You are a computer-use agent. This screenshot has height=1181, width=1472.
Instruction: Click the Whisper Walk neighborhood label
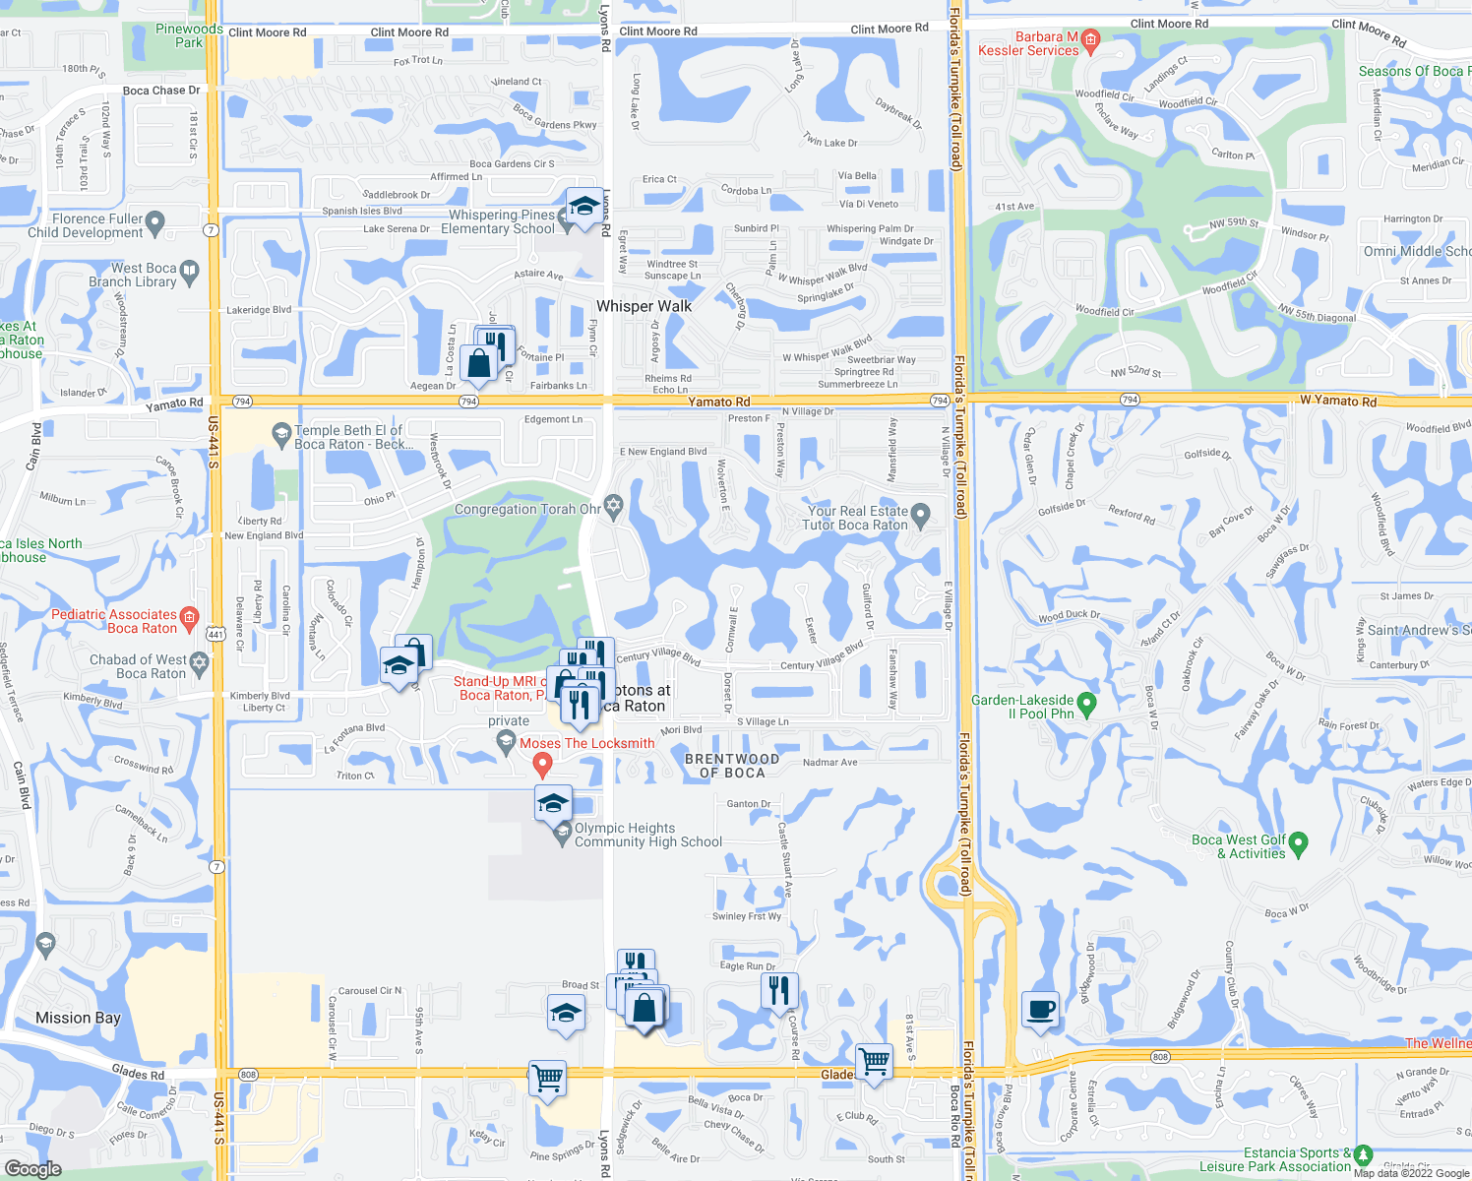[644, 306]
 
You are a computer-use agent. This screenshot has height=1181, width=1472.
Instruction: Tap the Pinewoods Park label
[189, 35]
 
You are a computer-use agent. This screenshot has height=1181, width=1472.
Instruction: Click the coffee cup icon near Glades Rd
[1040, 1010]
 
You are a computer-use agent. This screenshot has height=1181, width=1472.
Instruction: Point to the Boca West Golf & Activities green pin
[1298, 842]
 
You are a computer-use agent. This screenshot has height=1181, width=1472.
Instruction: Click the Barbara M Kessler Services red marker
[1089, 40]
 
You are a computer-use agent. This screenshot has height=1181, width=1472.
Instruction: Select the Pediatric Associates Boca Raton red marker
[189, 617]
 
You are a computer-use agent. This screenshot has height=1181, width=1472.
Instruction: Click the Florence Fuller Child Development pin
[154, 225]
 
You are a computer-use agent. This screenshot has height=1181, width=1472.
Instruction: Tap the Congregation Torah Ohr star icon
[613, 506]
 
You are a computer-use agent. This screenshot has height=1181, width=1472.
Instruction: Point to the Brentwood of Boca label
[732, 766]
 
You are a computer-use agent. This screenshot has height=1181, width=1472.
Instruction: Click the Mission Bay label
[78, 1018]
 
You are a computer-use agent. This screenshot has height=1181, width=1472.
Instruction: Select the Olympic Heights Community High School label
[647, 835]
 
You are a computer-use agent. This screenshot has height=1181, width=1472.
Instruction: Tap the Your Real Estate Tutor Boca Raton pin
[920, 513]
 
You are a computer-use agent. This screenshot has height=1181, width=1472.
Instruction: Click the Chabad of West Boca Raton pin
[200, 662]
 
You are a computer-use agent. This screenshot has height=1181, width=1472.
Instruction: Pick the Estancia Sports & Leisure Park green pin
[1363, 1154]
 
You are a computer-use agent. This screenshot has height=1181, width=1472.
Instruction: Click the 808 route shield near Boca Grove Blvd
[1160, 1057]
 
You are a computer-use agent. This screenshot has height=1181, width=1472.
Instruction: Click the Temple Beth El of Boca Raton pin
[282, 432]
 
